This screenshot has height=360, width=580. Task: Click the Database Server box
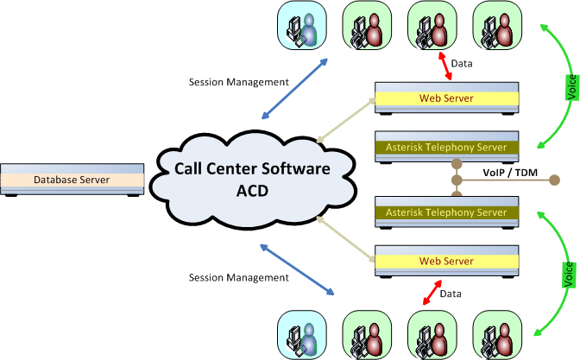[72, 180]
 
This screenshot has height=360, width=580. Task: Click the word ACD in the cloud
[241, 189]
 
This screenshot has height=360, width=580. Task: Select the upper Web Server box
[447, 97]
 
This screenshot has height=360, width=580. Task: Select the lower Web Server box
[447, 260]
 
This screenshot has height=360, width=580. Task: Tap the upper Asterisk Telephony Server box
[447, 146]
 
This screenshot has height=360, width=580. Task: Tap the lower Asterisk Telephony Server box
[447, 212]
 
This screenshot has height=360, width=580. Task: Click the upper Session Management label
[238, 82]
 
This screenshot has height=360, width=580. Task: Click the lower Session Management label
[238, 278]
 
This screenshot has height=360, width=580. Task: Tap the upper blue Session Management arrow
[294, 89]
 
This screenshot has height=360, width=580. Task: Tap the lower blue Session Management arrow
[294, 270]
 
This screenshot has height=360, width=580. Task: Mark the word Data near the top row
[463, 64]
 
